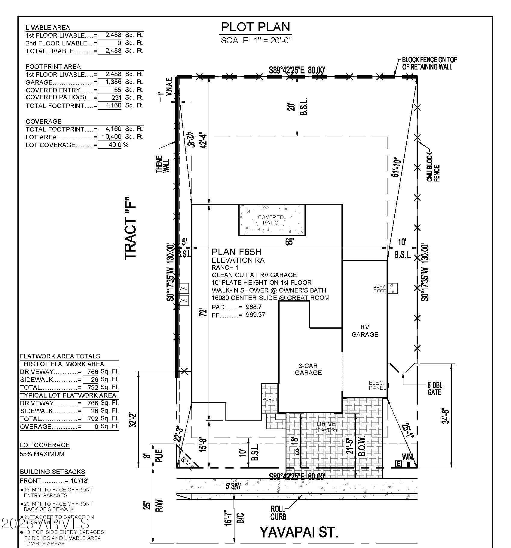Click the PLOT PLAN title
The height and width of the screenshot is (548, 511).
point(255,27)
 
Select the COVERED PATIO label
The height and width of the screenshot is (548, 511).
point(271,220)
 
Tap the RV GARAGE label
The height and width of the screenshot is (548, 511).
point(365,331)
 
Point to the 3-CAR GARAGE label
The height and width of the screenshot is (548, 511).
point(308,369)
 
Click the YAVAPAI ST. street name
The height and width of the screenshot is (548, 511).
point(299,532)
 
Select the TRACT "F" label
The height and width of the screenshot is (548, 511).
point(131,228)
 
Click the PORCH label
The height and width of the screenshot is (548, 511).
point(269,399)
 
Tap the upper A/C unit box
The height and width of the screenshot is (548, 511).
point(184,288)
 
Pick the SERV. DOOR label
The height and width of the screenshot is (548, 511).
point(380,288)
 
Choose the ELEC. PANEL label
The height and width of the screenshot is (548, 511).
point(377,385)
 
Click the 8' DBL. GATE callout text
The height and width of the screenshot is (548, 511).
point(435,389)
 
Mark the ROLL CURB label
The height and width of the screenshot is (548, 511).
point(278,513)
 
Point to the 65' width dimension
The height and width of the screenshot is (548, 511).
point(289,242)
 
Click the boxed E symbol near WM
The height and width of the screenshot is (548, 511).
point(398,464)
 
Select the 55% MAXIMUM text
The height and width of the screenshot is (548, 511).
point(42,454)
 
